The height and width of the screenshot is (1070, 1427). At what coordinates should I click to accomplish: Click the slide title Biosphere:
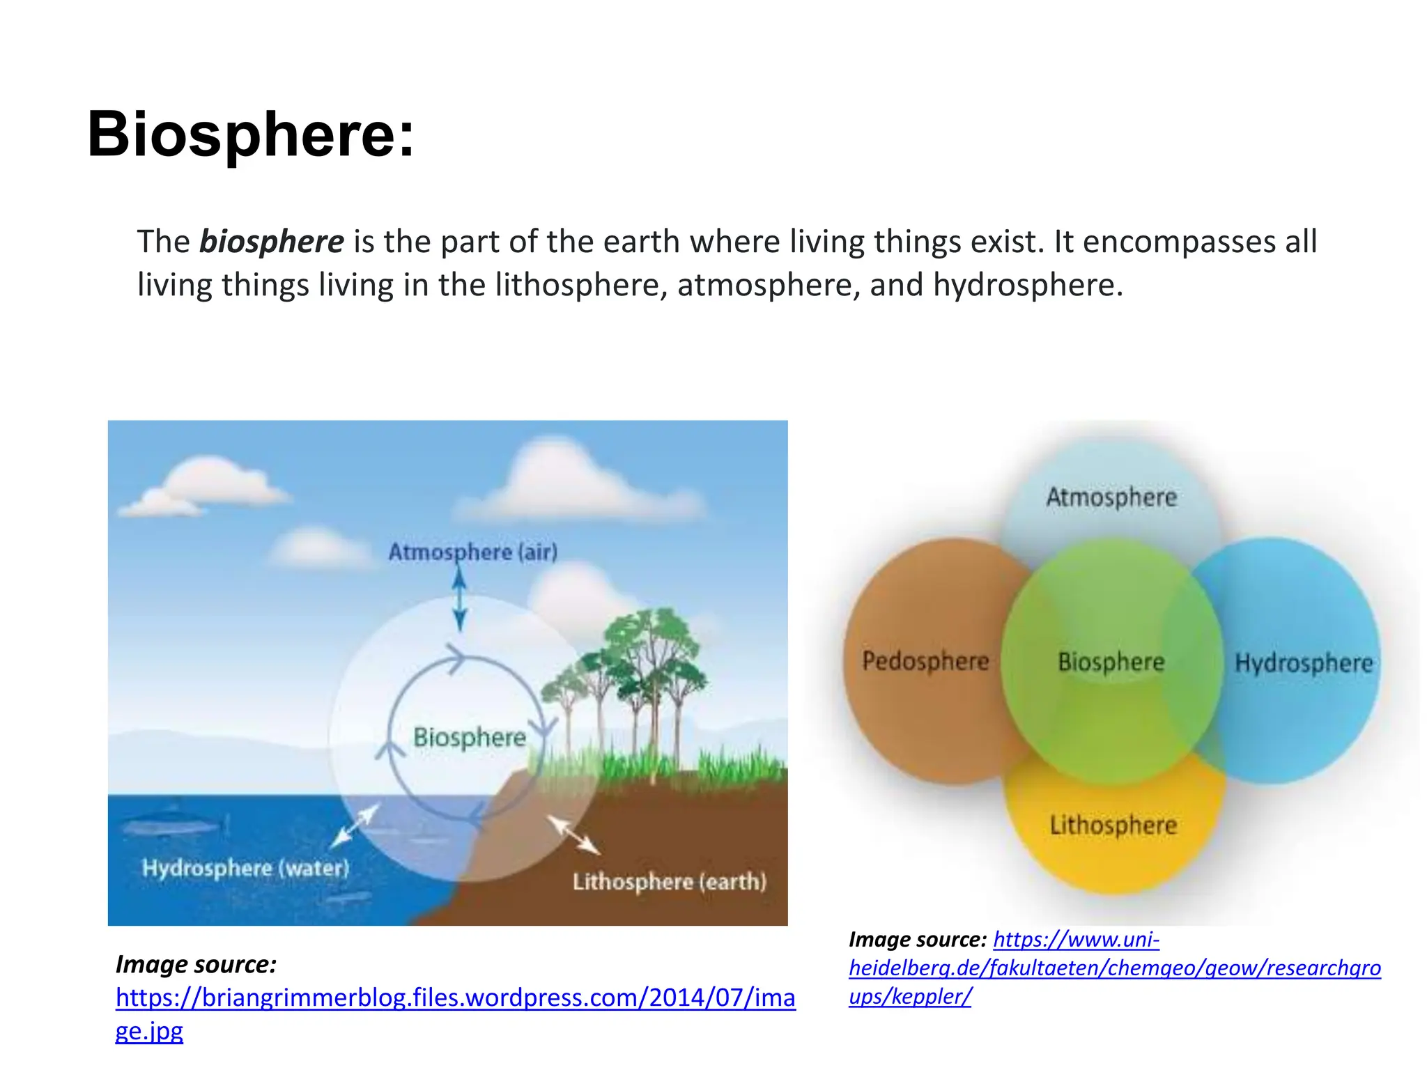point(250,134)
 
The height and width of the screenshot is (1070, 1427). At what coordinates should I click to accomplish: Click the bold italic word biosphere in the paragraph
point(271,242)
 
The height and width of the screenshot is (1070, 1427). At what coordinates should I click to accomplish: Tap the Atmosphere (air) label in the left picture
point(472,552)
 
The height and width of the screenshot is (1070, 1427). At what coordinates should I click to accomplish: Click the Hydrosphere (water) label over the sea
point(245,868)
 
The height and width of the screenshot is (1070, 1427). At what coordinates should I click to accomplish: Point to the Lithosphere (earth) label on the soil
point(669,881)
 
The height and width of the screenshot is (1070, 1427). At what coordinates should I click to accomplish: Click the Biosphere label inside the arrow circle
point(469,737)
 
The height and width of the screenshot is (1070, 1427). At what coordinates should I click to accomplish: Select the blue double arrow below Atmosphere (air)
point(459,599)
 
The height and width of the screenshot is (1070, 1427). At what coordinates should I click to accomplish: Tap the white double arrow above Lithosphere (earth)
point(573,835)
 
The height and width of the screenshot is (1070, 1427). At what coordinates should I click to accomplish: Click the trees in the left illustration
point(641,669)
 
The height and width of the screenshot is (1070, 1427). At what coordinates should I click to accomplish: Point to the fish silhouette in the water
point(171,825)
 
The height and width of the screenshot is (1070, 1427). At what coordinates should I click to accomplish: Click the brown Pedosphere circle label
point(925,660)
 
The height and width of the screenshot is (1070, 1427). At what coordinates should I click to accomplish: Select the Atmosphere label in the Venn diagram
point(1111,497)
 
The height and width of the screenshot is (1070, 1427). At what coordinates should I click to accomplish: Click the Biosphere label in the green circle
point(1111,662)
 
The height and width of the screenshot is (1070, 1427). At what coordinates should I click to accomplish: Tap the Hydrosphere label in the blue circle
point(1303,662)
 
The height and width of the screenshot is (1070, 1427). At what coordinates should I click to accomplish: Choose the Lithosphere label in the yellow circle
point(1113,825)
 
